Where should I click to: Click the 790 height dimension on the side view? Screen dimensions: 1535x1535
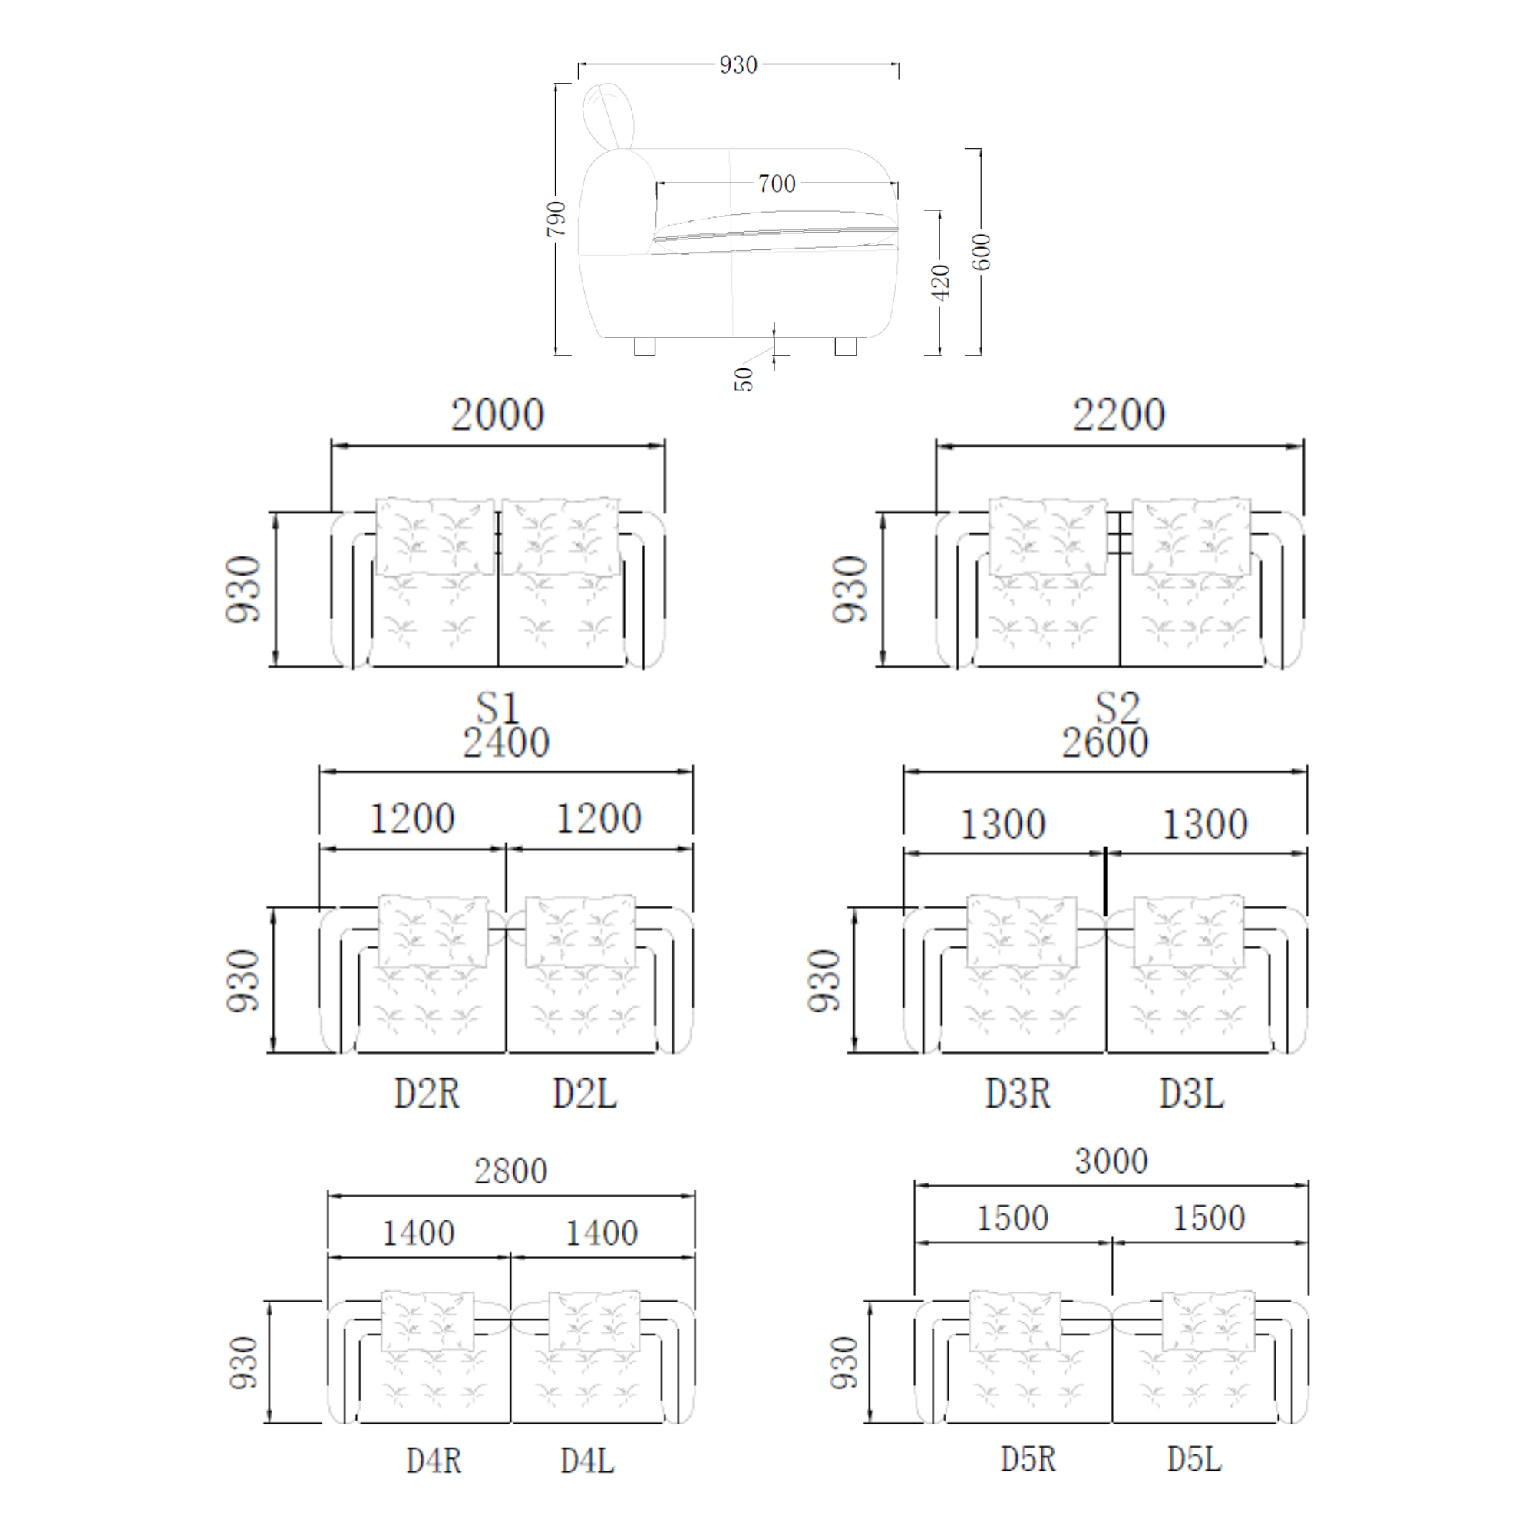(x=556, y=219)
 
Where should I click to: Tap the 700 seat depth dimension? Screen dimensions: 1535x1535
(x=776, y=183)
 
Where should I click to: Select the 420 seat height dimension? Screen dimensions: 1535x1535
(x=940, y=282)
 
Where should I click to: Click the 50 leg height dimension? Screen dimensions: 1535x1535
(x=743, y=379)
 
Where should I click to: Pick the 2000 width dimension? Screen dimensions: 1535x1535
(x=497, y=414)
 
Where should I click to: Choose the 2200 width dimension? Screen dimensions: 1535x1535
(x=1119, y=414)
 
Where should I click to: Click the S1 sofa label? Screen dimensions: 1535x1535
(x=497, y=706)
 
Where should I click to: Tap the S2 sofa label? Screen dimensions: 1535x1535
(x=1117, y=706)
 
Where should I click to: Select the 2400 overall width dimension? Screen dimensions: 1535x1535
(x=506, y=742)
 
